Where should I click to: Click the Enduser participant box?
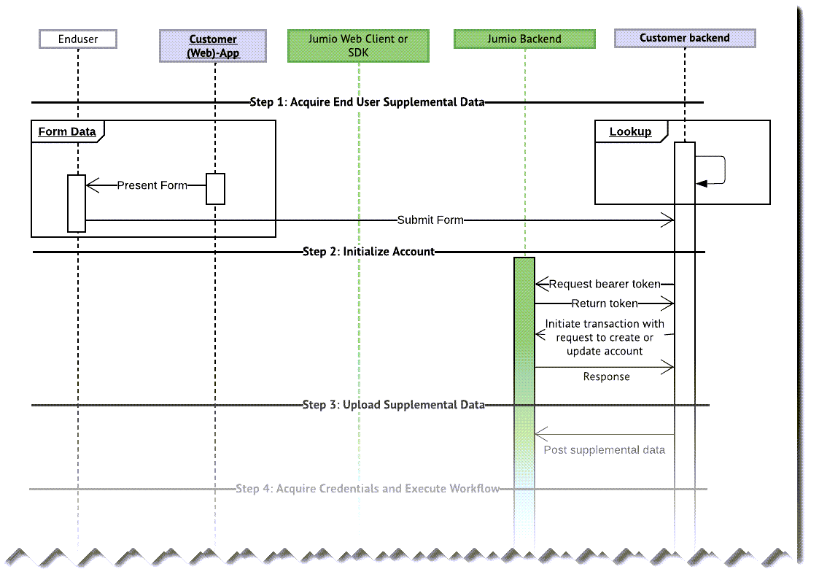pos(78,39)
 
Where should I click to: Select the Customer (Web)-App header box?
pos(213,46)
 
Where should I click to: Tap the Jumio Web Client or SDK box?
pos(358,46)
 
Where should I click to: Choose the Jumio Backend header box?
pos(524,39)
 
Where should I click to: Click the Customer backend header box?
pos(685,38)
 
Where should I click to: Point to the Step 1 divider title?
pos(367,102)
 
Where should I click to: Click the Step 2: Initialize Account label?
pos(368,252)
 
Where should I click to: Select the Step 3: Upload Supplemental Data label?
pos(393,405)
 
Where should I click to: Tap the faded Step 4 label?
pos(368,488)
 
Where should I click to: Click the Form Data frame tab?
pos(67,131)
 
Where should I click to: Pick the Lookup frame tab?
pos(630,131)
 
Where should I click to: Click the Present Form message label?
pos(152,185)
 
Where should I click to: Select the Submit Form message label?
pos(430,220)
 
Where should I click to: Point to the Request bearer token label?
pos(605,284)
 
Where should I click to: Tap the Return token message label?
pos(605,303)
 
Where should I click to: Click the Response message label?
pos(606,376)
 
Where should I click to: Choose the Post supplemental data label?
pos(605,450)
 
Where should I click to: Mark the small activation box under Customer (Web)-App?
pos(215,189)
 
